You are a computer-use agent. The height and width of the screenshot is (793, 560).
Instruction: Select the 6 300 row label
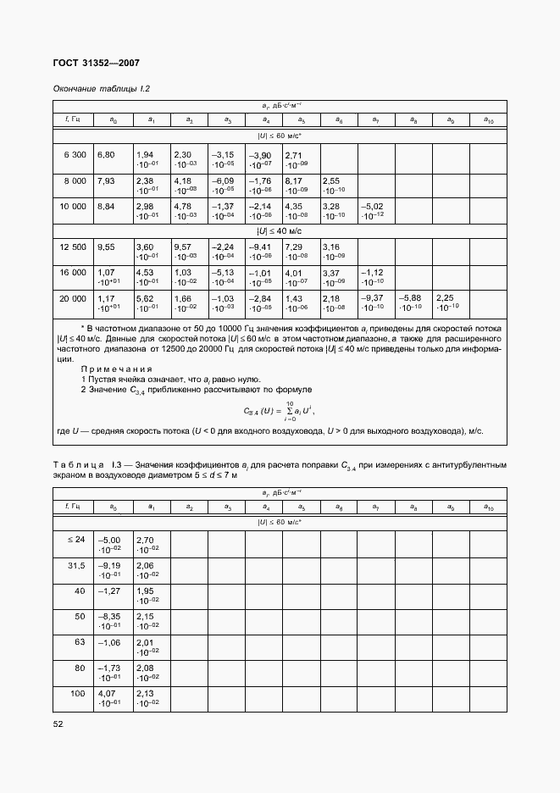75,155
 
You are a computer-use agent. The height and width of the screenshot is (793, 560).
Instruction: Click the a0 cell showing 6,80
106,155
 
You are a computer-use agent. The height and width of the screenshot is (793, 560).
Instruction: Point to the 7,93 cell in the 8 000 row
106,180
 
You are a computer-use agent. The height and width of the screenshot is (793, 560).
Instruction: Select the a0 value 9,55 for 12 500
106,247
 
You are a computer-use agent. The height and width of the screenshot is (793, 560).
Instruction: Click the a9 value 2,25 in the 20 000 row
446,302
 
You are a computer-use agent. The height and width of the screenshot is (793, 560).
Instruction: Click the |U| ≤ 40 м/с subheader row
280,230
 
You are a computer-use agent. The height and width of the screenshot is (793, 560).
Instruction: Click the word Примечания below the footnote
116,369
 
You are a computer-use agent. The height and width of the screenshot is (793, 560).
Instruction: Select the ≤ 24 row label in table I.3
76,539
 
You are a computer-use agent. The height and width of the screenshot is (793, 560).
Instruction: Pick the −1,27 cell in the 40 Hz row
111,591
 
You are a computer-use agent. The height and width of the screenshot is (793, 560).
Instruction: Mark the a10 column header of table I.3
488,507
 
